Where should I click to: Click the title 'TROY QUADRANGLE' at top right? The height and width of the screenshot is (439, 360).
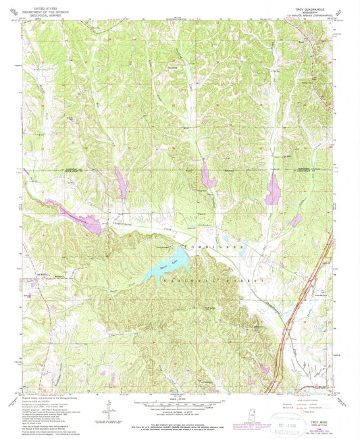[312, 7]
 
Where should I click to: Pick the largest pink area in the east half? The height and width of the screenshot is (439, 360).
[273, 189]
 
